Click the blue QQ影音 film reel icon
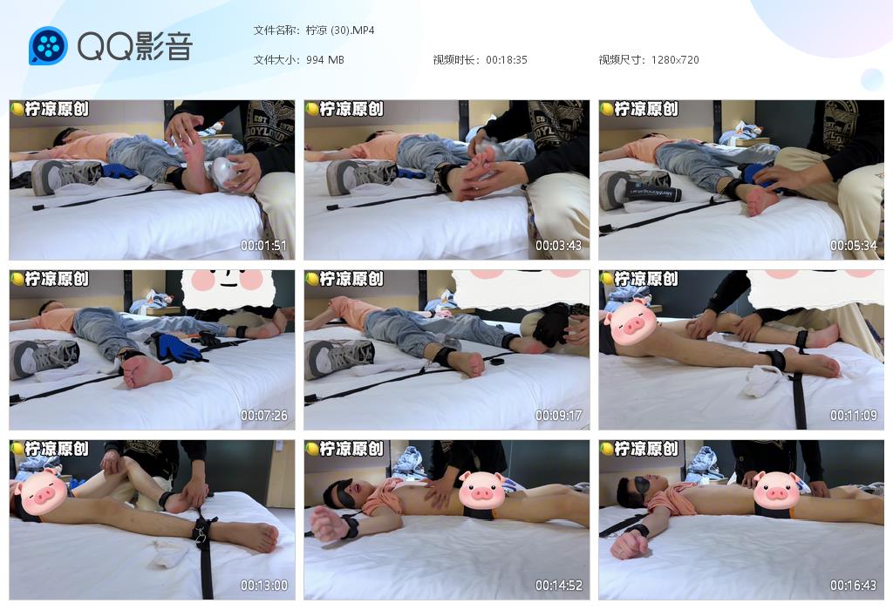pos(48,45)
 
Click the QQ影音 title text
pos(135,46)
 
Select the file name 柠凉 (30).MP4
pos(340,30)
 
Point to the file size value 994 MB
pos(324,60)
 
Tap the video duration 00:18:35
pos(506,60)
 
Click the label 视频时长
pos(453,60)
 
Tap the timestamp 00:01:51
pos(263,246)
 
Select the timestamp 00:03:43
pos(559,246)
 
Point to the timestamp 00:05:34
pos(853,246)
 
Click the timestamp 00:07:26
pos(263,416)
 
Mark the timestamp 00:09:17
pos(559,416)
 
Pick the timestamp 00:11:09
pos(853,416)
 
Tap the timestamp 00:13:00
pos(263,585)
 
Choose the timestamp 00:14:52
pos(559,585)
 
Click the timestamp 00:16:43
pos(853,585)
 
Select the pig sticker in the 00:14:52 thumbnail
pos(481,490)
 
